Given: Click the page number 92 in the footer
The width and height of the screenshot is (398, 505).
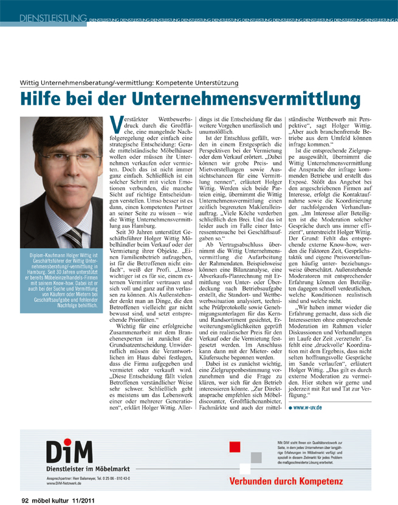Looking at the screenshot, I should click(26, 500).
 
